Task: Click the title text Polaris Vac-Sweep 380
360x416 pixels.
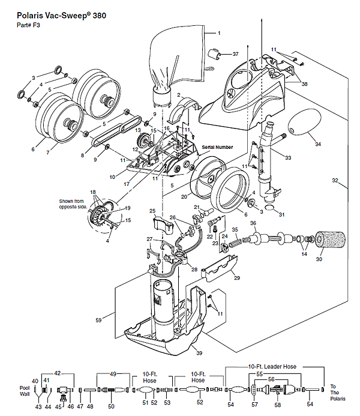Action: (62, 16)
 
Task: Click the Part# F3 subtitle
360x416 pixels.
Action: (28, 25)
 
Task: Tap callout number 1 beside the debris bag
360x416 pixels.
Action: (219, 33)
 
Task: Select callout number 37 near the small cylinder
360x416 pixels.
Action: (235, 54)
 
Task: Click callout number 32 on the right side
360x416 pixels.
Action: (335, 181)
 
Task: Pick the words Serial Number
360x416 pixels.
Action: (217, 147)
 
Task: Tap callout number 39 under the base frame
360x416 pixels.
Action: (199, 353)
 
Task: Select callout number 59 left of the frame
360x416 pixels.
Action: (98, 320)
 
